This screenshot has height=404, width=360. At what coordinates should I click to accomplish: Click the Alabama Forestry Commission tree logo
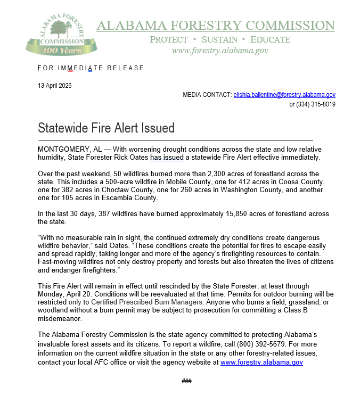tap(61, 35)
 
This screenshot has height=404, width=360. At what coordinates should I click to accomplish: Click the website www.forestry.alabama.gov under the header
tap(219, 51)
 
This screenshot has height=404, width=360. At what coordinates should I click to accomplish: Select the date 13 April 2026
tap(55, 86)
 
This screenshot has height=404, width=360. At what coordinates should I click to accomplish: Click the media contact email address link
tap(284, 95)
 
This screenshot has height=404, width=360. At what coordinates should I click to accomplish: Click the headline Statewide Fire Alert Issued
tap(106, 128)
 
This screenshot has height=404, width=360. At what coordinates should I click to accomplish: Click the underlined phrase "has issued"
tap(167, 158)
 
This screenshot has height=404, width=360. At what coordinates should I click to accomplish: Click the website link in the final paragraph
tap(261, 362)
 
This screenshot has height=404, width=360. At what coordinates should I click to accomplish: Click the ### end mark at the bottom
tap(186, 381)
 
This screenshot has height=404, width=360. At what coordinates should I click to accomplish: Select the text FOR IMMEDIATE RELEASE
tap(91, 68)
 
